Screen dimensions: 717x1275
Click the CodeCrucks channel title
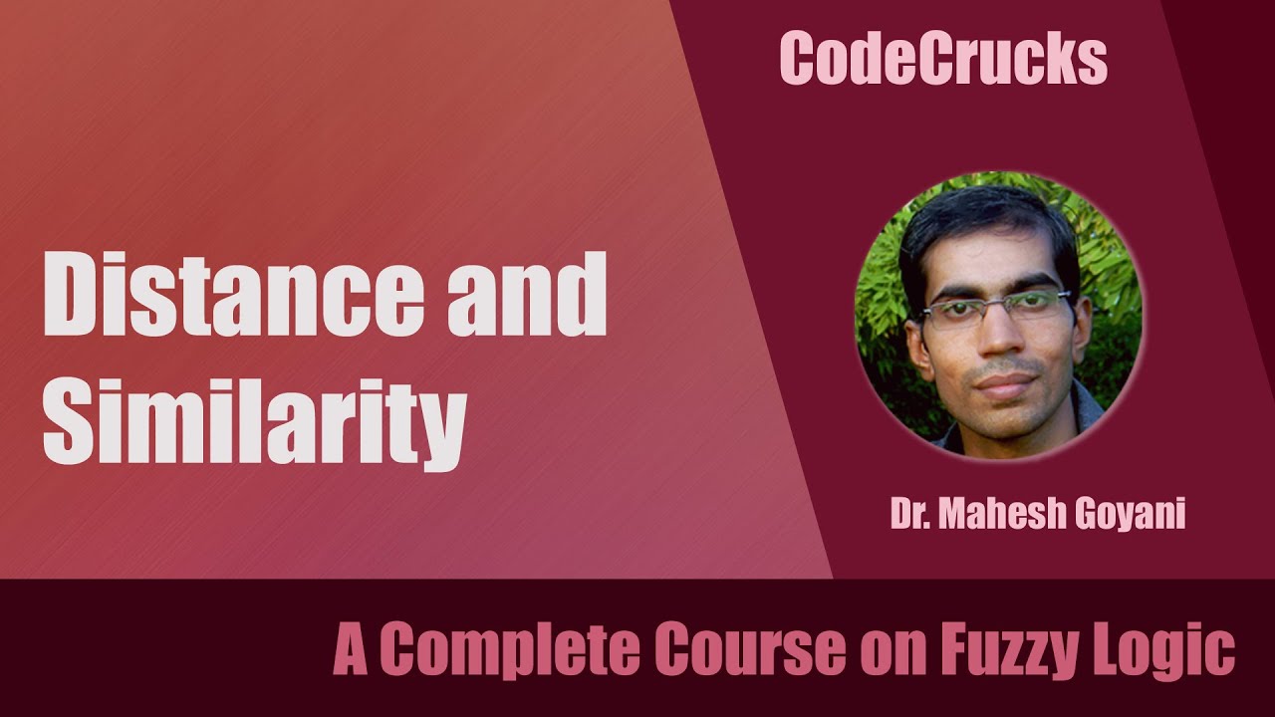coord(943,59)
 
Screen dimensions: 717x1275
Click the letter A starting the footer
coord(351,651)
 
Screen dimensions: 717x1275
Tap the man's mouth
coord(999,383)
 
